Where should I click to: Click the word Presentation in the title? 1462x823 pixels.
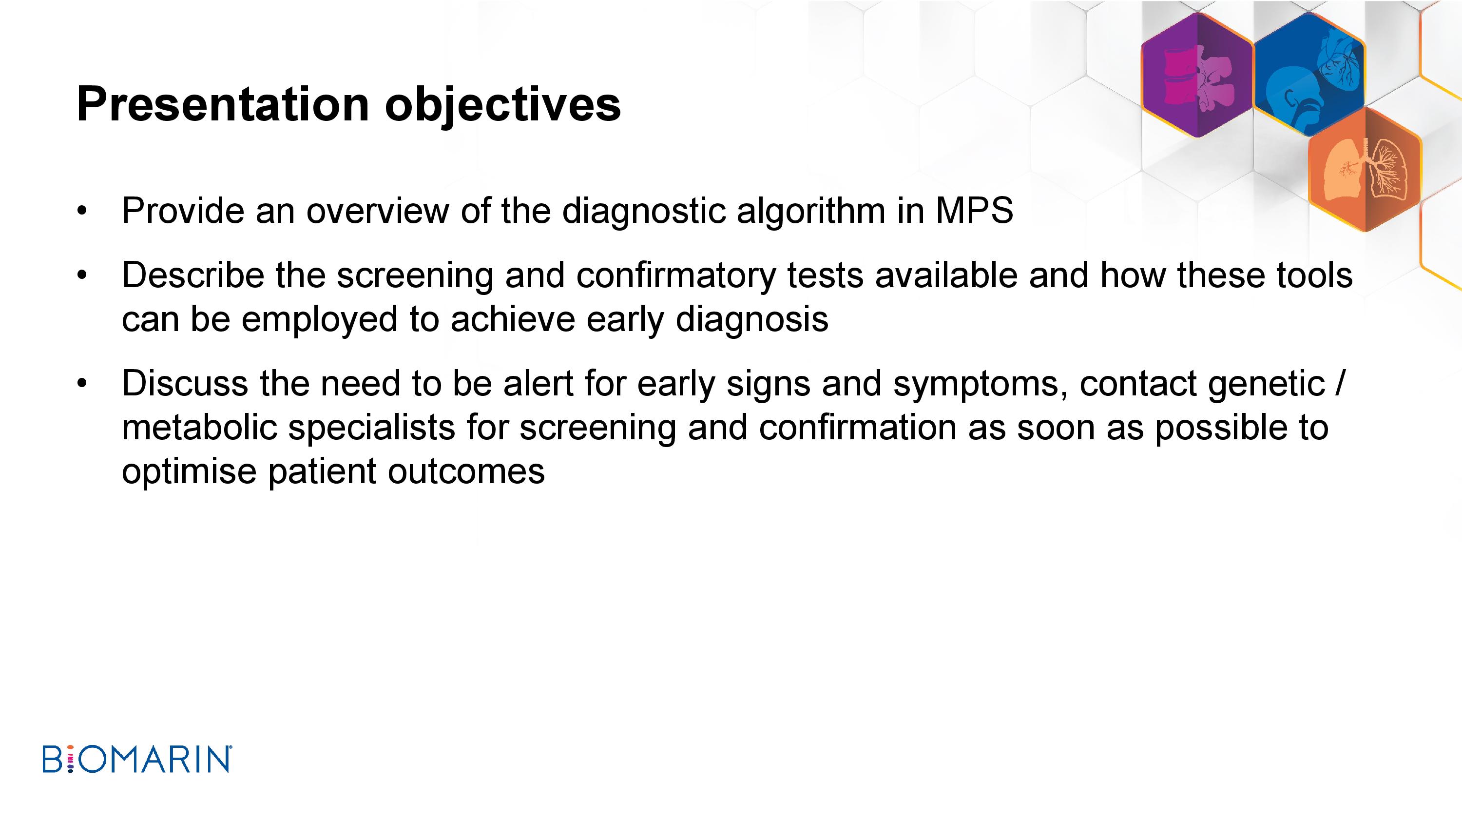point(224,104)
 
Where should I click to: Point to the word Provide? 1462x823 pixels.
point(183,211)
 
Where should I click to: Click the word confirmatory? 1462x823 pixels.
point(676,276)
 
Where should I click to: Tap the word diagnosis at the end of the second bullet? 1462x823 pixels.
point(752,320)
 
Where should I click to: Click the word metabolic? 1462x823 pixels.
point(199,427)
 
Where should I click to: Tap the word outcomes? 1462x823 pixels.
point(466,472)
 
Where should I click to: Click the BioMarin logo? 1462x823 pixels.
point(137,760)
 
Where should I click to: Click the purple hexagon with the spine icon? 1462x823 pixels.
point(1197,75)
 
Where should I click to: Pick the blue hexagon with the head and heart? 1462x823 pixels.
point(1309,75)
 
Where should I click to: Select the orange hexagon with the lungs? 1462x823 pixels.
point(1365,169)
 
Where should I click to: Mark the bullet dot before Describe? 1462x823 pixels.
point(82,276)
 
